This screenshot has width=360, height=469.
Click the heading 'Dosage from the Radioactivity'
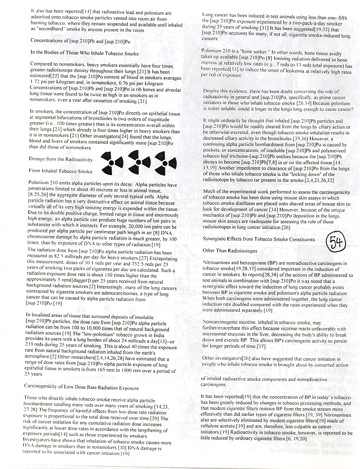[x=62, y=159]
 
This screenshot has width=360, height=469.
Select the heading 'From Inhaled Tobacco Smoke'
[x=61, y=171]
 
